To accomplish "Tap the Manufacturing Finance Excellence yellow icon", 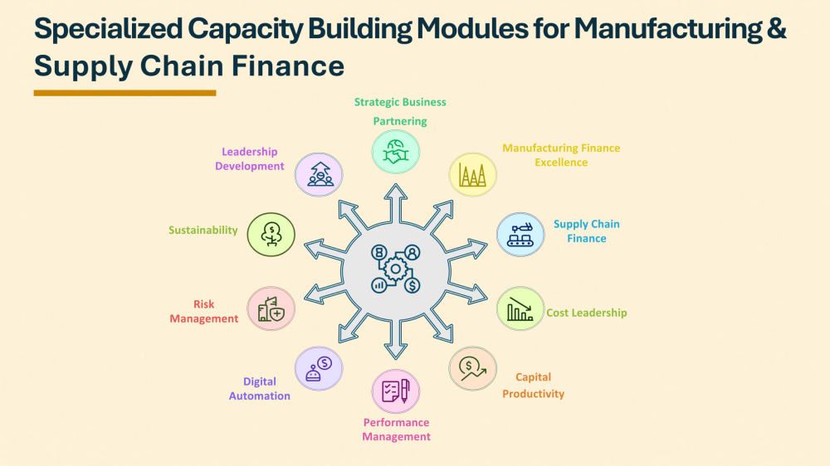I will pos(472,174).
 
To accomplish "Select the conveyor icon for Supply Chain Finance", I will pos(520,234).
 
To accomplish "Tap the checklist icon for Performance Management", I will pos(396,391).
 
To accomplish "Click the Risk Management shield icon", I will pos(271,308).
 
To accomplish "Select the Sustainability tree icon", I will pos(271,234).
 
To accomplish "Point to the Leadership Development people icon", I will pos(320,174).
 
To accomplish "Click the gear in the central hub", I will pos(396,269).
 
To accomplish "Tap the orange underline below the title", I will pos(124,93).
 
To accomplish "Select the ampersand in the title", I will pos(777,30).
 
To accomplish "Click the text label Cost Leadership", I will pos(586,313).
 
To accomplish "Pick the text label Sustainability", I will pos(203,231).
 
